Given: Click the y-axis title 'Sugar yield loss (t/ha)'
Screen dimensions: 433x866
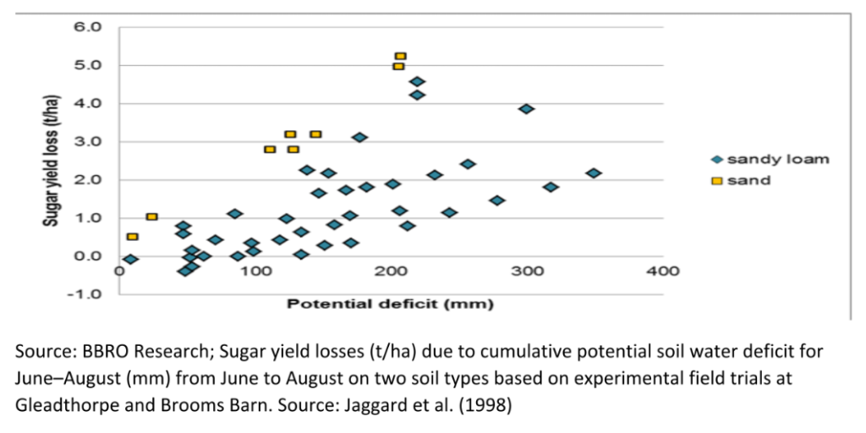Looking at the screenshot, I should coord(52,160).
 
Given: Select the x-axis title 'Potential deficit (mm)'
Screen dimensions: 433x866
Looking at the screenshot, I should coord(390,303).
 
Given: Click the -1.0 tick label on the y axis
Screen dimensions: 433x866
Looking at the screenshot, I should coord(88,294).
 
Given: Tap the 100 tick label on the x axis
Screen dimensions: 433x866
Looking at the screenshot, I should coord(255,271).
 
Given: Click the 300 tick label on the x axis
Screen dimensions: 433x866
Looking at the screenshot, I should coord(527,271).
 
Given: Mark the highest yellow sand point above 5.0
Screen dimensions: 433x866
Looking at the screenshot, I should coord(401,56).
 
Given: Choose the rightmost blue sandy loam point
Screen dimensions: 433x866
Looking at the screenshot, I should coord(594,173).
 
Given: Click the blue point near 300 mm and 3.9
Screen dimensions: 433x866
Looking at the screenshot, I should coord(526,109).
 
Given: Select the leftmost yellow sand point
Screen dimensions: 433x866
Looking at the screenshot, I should coord(132,237).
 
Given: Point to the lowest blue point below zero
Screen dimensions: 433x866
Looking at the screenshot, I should coord(185,271).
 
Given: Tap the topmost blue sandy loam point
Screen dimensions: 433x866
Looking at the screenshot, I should coord(417,82).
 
